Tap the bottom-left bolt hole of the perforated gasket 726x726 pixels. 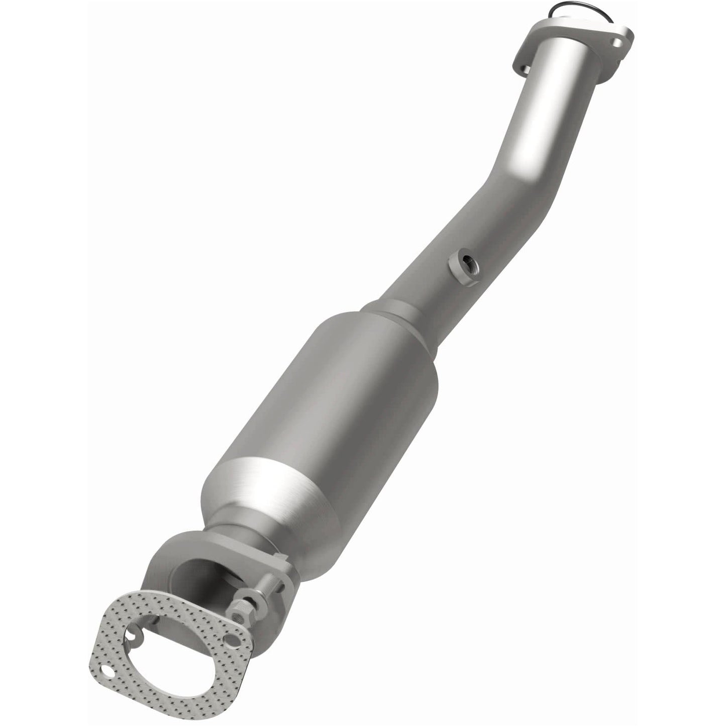click(x=108, y=671)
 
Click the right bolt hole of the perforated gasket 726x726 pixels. click(x=231, y=641)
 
